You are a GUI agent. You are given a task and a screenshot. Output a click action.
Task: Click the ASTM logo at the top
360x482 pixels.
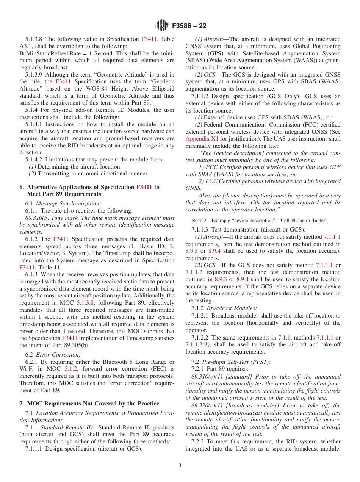pos(163,25)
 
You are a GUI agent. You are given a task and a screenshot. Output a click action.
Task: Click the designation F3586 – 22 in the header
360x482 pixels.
pos(189,26)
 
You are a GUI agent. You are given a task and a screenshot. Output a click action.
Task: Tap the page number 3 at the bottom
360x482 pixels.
pos(180,465)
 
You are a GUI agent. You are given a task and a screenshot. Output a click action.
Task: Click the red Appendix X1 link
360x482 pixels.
pos(202,139)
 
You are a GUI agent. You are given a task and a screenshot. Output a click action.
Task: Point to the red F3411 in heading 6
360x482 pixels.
pos(144,187)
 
